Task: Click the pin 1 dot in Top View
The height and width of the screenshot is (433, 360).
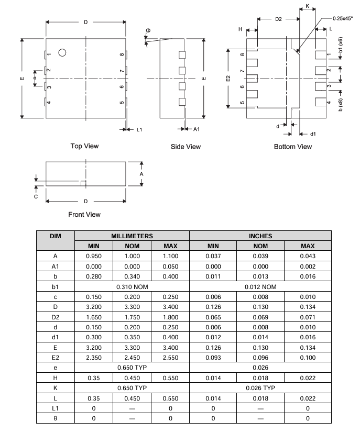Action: click(62, 52)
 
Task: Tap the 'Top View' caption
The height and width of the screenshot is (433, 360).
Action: click(84, 146)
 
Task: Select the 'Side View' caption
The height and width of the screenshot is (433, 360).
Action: click(186, 147)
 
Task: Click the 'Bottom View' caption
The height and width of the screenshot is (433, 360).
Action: click(293, 147)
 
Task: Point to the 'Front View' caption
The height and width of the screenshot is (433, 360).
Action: click(84, 214)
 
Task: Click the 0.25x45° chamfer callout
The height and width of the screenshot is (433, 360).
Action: click(343, 18)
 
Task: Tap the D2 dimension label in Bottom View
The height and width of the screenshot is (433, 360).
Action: click(278, 19)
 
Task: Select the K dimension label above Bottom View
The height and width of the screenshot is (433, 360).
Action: click(308, 6)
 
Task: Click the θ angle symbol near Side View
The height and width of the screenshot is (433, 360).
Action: click(148, 31)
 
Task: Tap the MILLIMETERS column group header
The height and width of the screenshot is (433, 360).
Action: click(132, 236)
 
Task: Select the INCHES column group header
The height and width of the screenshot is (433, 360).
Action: click(260, 236)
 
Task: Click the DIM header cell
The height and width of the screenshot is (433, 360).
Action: click(56, 236)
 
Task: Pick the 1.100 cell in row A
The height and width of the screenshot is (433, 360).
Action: click(171, 256)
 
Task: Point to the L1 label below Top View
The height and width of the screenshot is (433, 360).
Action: click(139, 129)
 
